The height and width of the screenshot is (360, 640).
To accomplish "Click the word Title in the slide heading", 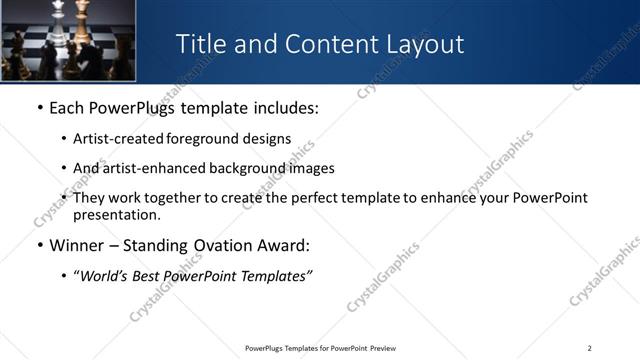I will coord(199,44).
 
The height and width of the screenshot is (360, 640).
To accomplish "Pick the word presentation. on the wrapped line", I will coord(116,215).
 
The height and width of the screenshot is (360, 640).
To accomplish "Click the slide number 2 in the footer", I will coord(589,348).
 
